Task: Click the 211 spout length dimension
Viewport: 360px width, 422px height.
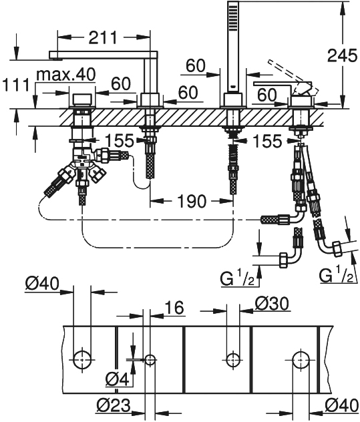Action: click(x=103, y=37)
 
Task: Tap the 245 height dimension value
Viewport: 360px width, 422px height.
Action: click(x=342, y=56)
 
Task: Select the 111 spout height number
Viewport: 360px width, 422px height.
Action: click(x=15, y=85)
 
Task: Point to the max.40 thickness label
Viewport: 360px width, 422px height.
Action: click(x=66, y=74)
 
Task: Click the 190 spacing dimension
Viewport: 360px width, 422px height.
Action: click(x=192, y=201)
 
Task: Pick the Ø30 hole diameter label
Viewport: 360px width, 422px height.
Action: click(x=272, y=304)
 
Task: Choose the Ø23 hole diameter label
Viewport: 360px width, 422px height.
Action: click(x=114, y=405)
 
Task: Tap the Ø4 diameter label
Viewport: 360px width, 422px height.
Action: click(x=118, y=379)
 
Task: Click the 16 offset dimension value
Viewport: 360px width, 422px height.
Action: click(x=174, y=307)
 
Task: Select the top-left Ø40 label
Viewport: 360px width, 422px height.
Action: click(x=42, y=284)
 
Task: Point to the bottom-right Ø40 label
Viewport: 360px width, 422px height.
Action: click(x=341, y=405)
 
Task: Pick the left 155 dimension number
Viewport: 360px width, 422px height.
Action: click(x=120, y=140)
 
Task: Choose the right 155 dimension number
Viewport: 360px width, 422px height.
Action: click(x=267, y=141)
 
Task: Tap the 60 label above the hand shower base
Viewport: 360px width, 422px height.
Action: click(x=196, y=65)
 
